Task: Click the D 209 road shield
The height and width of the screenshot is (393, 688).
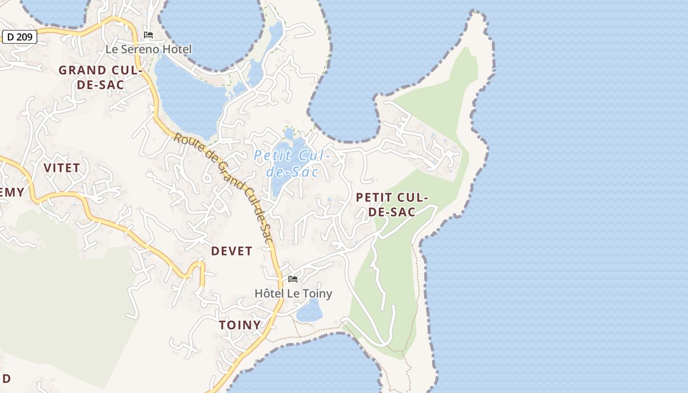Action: pos(20,36)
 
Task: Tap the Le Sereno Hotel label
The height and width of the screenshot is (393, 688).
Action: pos(148,49)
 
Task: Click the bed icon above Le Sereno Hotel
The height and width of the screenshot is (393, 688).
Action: pos(148,35)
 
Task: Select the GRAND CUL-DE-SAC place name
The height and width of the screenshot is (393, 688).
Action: pos(100,78)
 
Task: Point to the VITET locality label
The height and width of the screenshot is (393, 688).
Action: pos(61,168)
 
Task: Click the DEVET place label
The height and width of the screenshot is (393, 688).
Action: pos(231,251)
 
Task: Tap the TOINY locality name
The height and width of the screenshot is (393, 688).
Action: pos(240,325)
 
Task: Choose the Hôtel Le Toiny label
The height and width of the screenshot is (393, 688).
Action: pos(293,293)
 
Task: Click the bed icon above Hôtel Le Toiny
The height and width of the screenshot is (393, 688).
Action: pos(293,279)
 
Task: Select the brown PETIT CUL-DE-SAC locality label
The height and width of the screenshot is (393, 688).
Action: pos(392,205)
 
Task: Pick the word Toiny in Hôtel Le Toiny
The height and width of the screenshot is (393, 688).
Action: pos(316,293)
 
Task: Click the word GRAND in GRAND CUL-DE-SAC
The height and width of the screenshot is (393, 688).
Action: pos(82,70)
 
